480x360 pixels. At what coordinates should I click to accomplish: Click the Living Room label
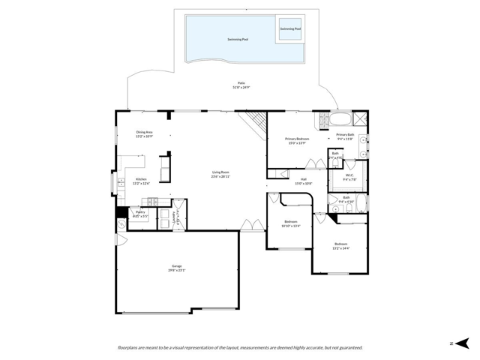(x=220, y=172)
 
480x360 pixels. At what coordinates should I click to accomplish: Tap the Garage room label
(x=177, y=266)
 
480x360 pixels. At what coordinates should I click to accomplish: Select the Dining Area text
(x=144, y=132)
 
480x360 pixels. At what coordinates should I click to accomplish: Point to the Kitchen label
(x=141, y=178)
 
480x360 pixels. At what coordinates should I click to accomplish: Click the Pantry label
(x=140, y=212)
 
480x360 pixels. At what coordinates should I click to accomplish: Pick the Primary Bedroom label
(x=297, y=139)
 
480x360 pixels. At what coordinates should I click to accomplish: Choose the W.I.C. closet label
(x=349, y=176)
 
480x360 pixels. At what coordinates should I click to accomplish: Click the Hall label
(x=304, y=179)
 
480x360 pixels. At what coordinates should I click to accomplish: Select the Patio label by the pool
(x=241, y=83)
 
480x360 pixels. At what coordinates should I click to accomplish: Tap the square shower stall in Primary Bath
(x=361, y=118)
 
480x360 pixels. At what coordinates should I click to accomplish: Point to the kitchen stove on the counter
(x=153, y=200)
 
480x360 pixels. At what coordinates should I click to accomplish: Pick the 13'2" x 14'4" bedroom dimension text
(x=341, y=248)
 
